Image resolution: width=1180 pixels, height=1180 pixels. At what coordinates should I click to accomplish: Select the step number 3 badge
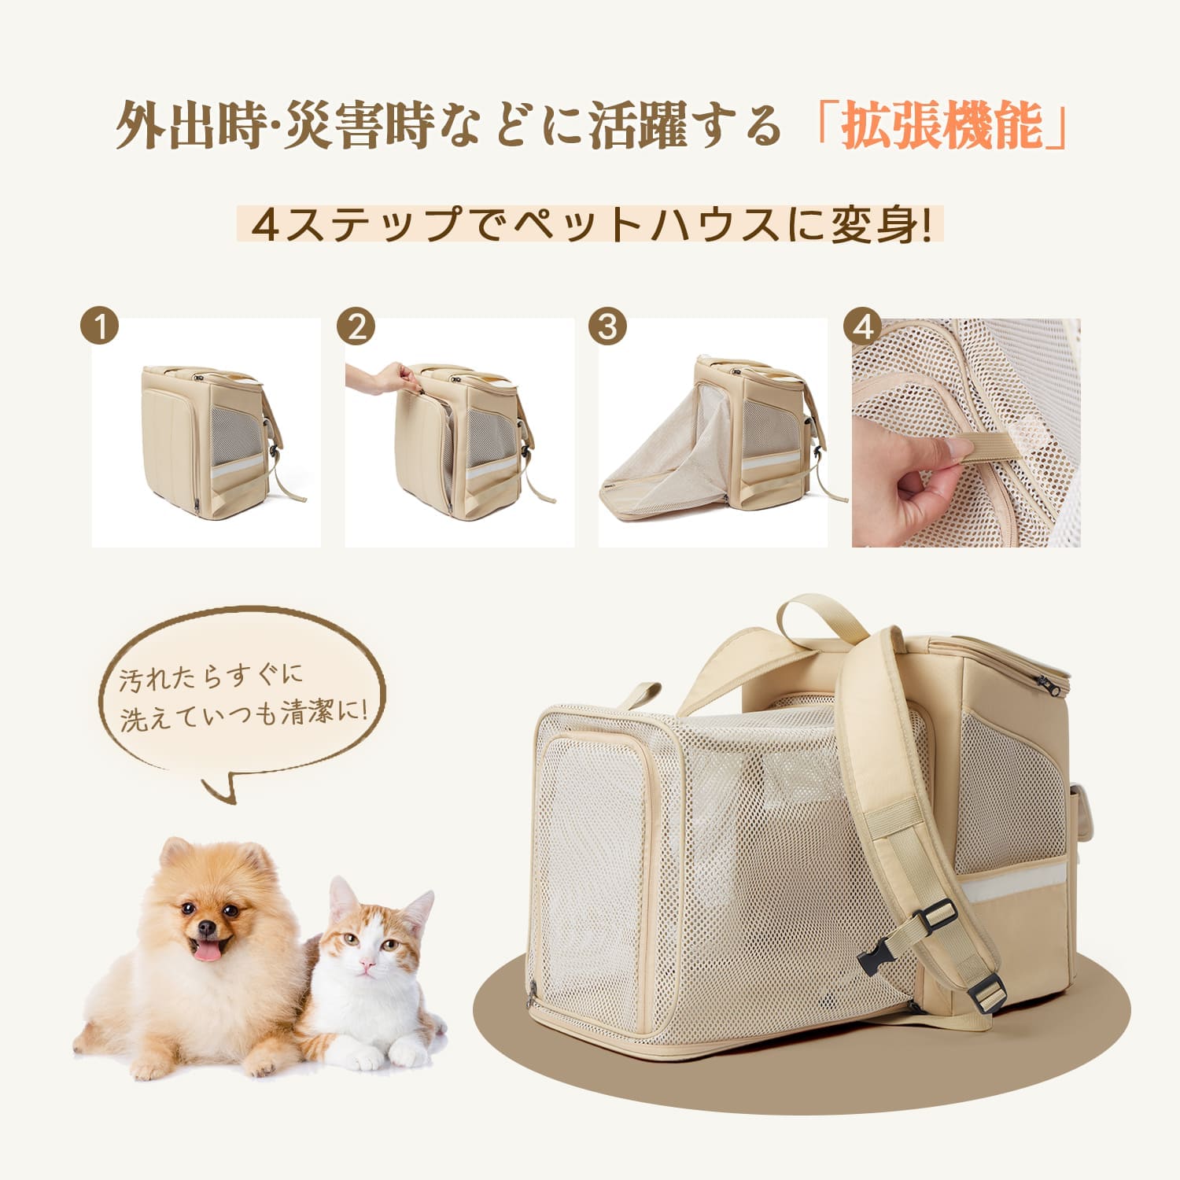608,326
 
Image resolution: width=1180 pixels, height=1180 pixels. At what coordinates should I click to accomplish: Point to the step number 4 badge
864,326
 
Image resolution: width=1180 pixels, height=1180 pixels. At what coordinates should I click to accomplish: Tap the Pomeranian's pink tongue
208,953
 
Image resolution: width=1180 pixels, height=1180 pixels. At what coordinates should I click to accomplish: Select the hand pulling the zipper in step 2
382,378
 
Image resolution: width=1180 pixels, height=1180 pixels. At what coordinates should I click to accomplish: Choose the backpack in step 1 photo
208,437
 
